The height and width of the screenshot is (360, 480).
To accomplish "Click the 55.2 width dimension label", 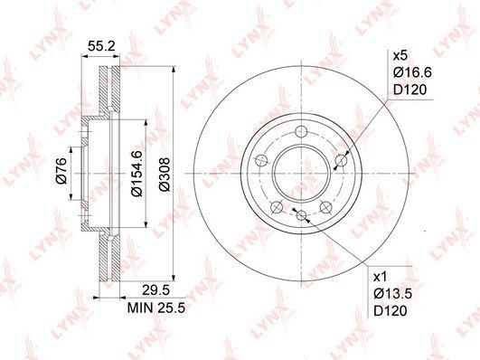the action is tap(101, 46).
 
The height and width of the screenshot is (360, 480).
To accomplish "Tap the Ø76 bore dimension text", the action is tap(61, 170).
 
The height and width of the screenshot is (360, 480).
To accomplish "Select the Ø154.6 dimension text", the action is tap(136, 173).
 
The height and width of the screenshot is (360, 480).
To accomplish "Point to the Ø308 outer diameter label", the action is tap(165, 175).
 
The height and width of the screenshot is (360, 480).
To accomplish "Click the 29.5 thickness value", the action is tap(155, 290).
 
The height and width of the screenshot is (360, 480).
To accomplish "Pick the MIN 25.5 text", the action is tap(156, 308).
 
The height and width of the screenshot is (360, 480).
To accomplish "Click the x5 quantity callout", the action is tap(400, 56).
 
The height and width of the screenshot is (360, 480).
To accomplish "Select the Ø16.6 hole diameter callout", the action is tap(412, 72).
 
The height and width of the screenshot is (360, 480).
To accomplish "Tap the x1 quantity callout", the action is tap(381, 278).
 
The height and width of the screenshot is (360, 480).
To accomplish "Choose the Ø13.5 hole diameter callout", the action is tap(392, 294).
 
